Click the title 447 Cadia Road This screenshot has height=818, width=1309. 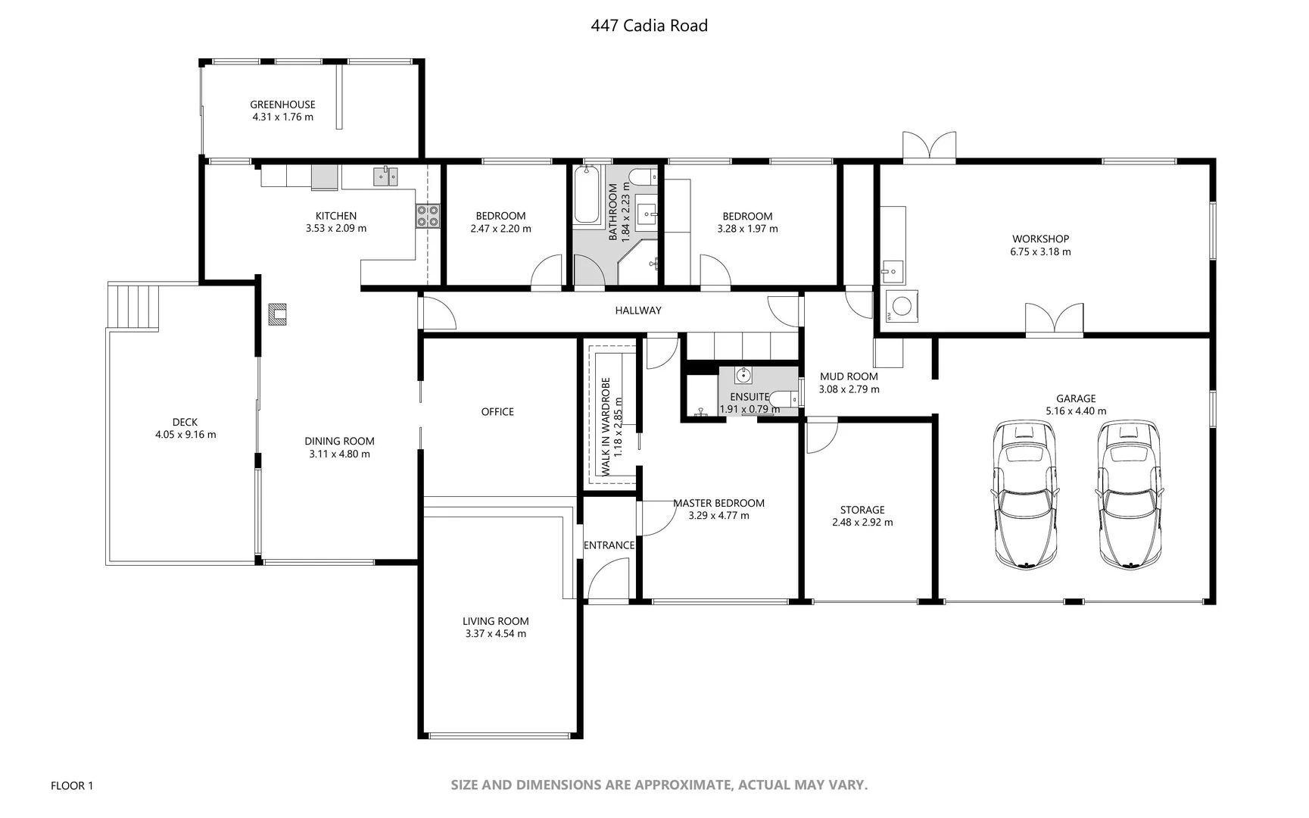[x=649, y=26]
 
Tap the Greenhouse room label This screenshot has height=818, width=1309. [x=282, y=105]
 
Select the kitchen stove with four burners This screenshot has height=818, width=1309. [x=427, y=216]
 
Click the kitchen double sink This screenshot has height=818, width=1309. [x=385, y=176]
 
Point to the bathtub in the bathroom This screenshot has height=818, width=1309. [x=586, y=195]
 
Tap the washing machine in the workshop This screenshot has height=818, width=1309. [x=901, y=306]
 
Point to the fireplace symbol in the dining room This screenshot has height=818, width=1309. [x=278, y=314]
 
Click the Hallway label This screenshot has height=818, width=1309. [x=637, y=311]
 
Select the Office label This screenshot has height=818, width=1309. [x=497, y=412]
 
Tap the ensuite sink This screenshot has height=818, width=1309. [x=743, y=375]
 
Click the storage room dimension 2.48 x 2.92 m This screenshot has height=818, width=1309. [x=862, y=523]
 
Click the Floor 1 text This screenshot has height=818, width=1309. [x=72, y=786]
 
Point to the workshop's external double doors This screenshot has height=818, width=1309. [x=929, y=147]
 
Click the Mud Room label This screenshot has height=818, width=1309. [x=849, y=376]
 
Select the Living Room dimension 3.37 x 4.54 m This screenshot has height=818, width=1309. [x=495, y=634]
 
